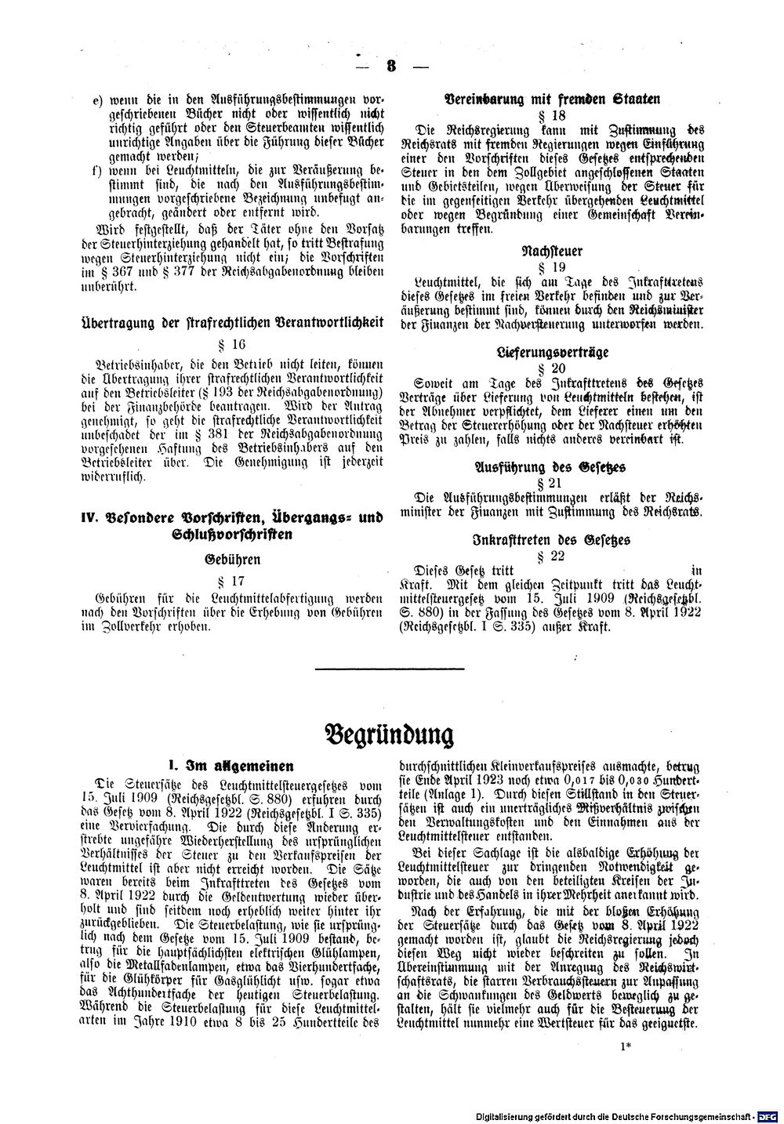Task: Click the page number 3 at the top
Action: (x=391, y=66)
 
